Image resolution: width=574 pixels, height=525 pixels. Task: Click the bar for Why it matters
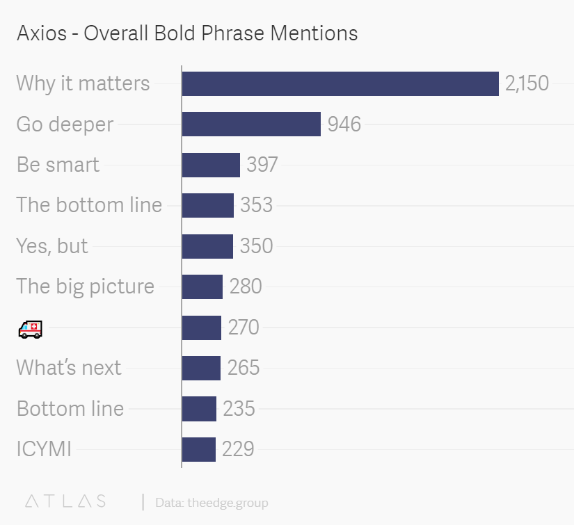click(340, 83)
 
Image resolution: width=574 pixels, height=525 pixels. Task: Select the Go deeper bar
click(251, 124)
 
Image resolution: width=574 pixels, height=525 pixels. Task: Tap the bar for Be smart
click(211, 165)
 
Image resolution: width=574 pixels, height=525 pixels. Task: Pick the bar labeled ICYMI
click(199, 449)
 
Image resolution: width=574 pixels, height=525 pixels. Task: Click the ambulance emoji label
click(30, 328)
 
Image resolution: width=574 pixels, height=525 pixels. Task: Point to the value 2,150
click(527, 83)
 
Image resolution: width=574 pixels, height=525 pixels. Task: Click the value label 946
click(344, 124)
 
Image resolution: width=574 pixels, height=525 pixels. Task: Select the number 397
click(262, 165)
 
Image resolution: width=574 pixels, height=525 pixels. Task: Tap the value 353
click(256, 205)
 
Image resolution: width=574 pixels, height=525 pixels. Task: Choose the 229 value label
click(238, 449)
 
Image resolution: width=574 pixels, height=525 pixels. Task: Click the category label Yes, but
click(52, 245)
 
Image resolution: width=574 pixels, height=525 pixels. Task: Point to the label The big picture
click(85, 286)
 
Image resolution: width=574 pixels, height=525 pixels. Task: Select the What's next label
click(68, 367)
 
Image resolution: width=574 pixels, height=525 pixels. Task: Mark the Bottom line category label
click(70, 408)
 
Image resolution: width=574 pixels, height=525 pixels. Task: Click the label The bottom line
click(89, 205)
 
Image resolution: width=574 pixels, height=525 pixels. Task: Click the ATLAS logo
click(65, 501)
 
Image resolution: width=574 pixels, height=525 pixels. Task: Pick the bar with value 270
click(202, 327)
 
